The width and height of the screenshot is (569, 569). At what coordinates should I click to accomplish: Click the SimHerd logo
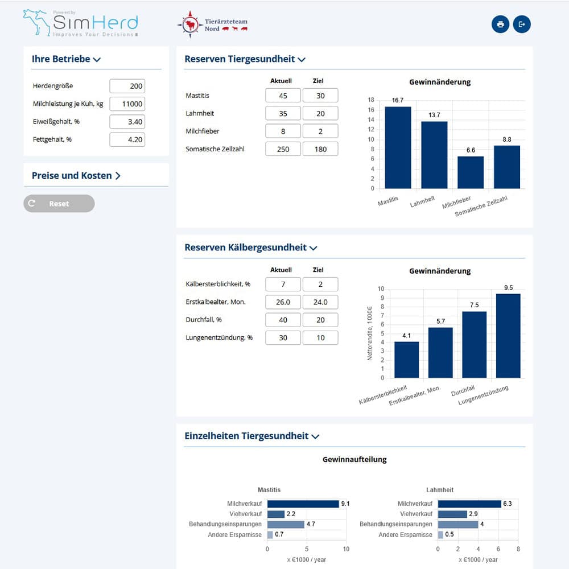81,23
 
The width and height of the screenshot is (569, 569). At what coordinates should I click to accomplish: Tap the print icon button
500,24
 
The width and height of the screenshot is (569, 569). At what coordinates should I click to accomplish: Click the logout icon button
522,24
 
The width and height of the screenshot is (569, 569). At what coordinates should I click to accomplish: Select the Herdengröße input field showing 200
127,86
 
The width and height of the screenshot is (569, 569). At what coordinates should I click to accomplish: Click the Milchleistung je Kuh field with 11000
127,104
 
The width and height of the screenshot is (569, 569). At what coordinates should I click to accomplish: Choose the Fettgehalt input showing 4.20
127,139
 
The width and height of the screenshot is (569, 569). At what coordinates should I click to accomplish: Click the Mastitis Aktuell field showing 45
283,96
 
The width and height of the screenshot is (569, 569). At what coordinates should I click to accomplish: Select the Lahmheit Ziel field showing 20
320,114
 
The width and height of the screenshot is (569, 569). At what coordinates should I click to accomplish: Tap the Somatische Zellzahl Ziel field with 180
320,149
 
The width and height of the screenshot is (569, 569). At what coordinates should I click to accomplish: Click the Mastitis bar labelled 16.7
398,148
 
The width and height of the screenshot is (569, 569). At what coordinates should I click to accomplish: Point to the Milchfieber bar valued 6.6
471,172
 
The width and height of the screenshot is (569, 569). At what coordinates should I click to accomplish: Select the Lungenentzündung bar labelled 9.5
508,336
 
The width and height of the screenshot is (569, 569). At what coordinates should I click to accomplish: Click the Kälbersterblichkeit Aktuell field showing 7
283,284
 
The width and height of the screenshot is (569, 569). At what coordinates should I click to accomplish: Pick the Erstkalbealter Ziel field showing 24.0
320,302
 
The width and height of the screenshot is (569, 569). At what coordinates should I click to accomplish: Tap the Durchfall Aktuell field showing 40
283,320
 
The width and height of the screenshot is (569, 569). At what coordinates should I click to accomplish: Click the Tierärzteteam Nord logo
212,24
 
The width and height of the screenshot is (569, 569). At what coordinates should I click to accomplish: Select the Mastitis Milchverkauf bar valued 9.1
303,504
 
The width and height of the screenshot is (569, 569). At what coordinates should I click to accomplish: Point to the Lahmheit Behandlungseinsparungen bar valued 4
457,525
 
